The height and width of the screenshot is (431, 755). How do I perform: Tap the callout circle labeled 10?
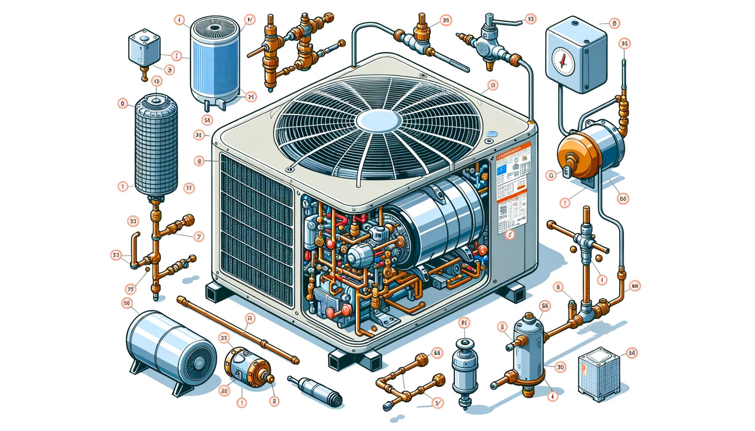(530, 19)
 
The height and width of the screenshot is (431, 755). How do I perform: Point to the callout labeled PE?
(464, 323)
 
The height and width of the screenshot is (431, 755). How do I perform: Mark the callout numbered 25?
(224, 338)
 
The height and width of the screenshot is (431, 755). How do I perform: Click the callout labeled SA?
(207, 120)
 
